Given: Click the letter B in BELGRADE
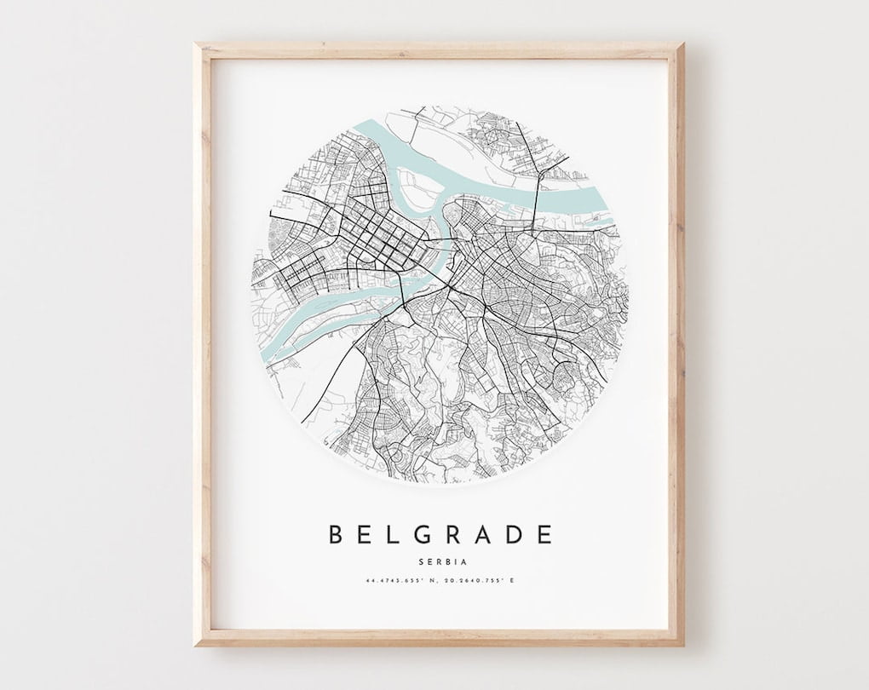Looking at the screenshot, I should point(337,534).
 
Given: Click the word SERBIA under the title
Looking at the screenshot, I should point(440,560).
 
